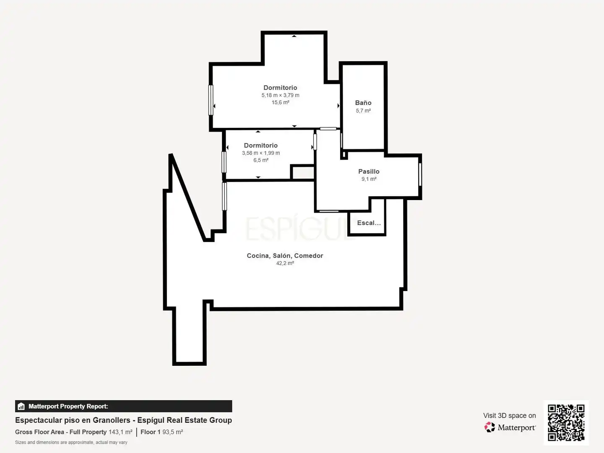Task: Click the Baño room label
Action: pos(363,103)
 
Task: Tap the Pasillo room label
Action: pos(369,172)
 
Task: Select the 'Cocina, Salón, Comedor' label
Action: pos(285,256)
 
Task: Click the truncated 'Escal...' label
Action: pos(369,223)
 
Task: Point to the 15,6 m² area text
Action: pos(281,102)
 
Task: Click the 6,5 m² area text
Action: pos(261,160)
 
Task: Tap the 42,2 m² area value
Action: pos(285,263)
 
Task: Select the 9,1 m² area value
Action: pos(369,179)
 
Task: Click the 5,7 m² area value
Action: pos(363,111)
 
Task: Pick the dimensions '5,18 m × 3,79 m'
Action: pos(281,95)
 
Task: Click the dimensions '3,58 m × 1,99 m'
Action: pos(261,153)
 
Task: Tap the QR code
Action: pos(566,422)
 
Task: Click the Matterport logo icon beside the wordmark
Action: pos(489,427)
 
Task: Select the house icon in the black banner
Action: pos(21,406)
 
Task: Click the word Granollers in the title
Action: pos(112,420)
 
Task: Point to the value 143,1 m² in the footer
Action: pos(120,432)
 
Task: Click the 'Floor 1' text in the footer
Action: pos(151,432)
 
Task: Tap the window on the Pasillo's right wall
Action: pos(420,174)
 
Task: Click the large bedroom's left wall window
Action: pos(211,100)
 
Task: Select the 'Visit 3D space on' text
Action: pos(509,416)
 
